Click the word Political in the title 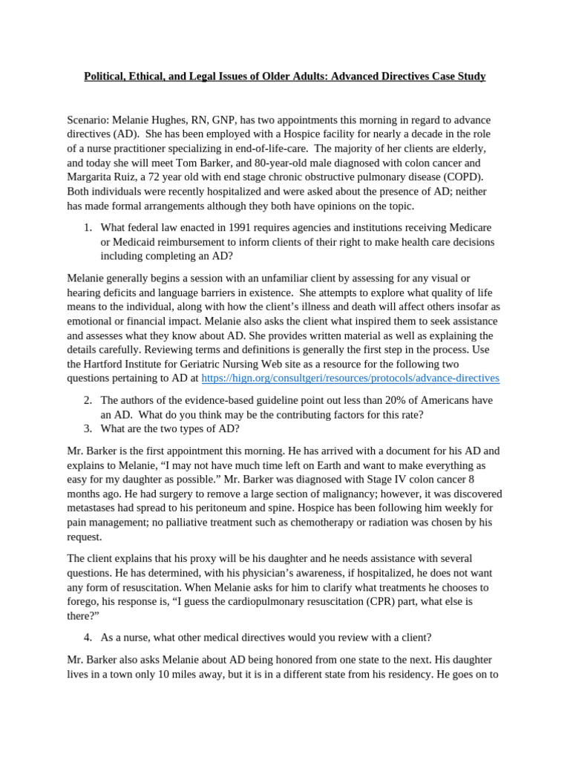(106, 76)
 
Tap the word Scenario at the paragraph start (88, 120)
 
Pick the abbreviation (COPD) (462, 177)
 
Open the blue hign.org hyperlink (350, 379)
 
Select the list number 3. (87, 429)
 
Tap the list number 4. (87, 638)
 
